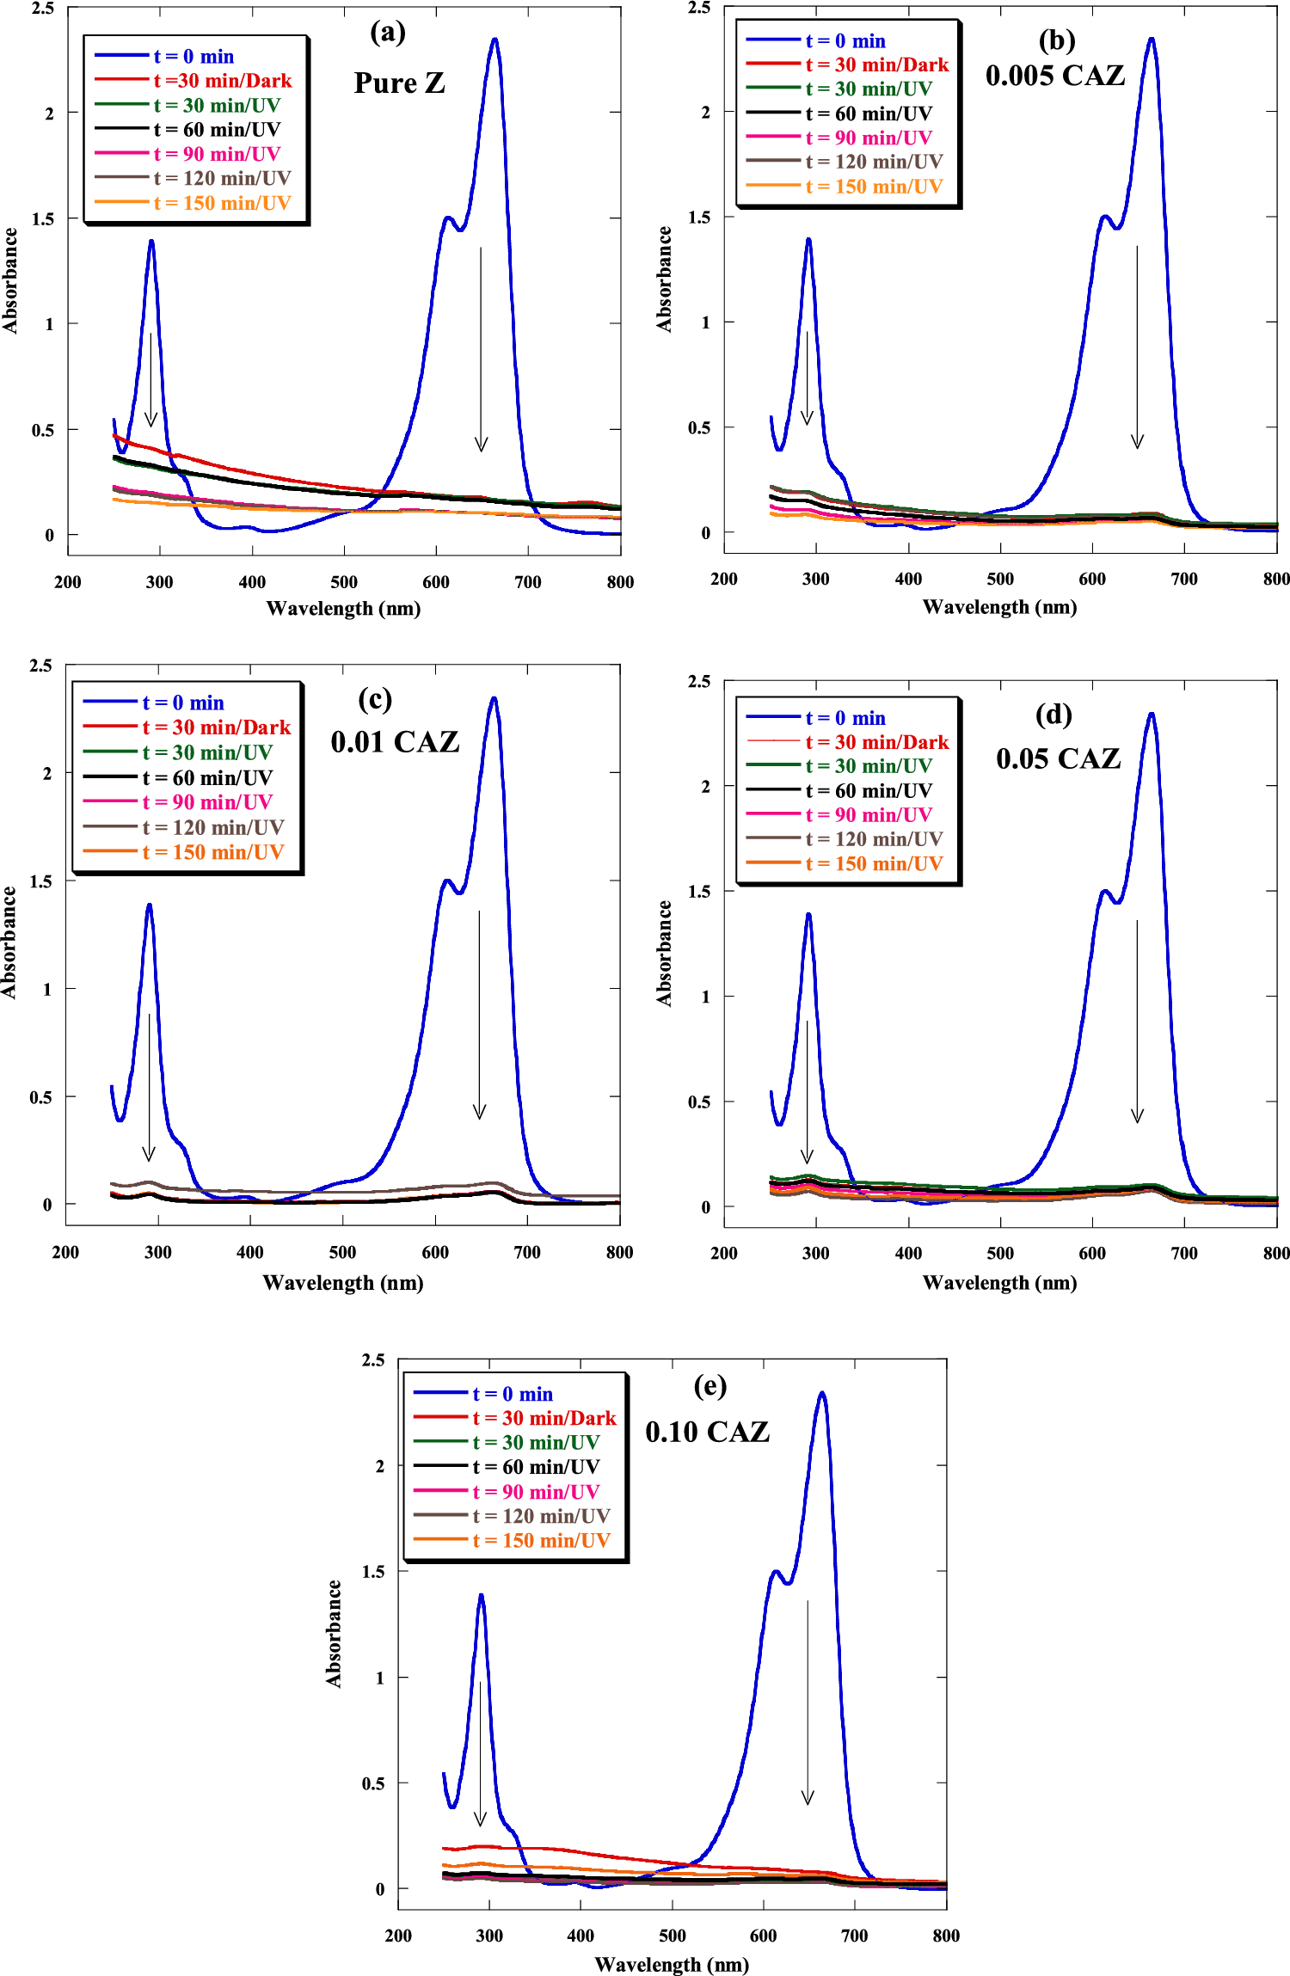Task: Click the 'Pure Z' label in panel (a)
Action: point(399,83)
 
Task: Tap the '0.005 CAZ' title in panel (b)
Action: point(1054,76)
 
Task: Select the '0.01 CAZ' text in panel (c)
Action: point(395,741)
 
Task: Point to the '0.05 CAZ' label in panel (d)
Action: point(1058,758)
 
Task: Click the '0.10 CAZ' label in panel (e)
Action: point(707,1432)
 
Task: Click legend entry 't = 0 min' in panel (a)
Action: point(193,57)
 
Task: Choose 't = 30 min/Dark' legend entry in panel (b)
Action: point(876,65)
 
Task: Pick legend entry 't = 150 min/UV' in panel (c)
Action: point(212,852)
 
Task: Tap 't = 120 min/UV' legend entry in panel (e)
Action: point(541,1516)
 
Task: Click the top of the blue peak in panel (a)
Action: point(494,40)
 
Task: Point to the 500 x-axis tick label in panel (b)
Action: point(1000,579)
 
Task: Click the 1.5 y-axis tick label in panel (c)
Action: point(40,881)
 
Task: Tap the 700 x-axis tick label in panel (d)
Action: point(1184,1253)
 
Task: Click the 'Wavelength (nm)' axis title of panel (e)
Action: point(671,1965)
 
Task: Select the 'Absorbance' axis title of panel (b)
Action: point(664,279)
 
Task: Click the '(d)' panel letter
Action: point(1053,715)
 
